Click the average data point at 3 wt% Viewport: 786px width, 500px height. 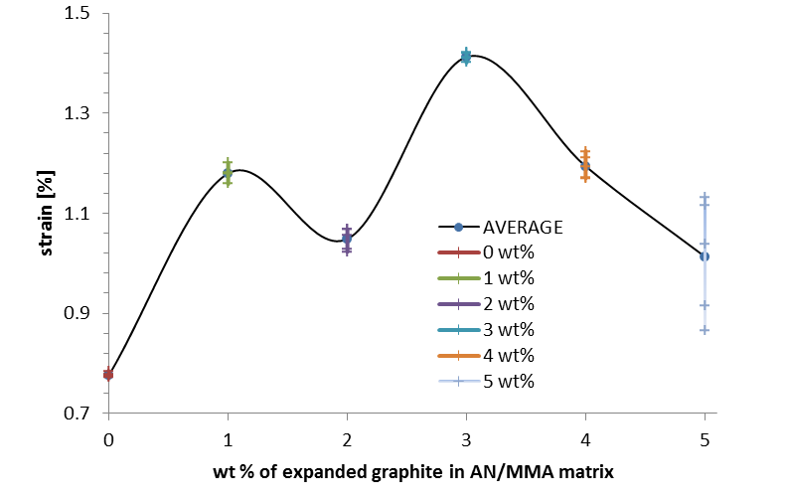(466, 58)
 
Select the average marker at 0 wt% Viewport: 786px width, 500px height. (108, 374)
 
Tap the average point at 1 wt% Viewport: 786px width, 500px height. (228, 173)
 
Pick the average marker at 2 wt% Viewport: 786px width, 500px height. (347, 239)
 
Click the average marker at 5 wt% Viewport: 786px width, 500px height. (705, 256)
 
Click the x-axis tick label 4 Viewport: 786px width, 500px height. (585, 437)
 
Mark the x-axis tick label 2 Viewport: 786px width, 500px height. (347, 437)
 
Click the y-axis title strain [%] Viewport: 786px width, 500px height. (46, 215)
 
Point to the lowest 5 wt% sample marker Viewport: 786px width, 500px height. (705, 330)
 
